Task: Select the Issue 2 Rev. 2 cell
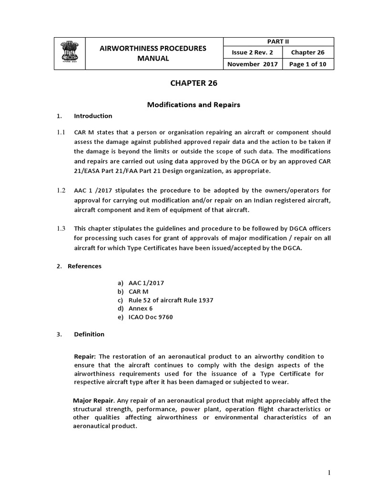tap(253, 52)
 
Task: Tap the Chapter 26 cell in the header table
tap(308, 52)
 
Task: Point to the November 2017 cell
tap(253, 64)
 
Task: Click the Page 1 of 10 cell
tap(308, 64)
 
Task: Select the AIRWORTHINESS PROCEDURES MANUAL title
tap(152, 53)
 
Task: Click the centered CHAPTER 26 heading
tap(187, 83)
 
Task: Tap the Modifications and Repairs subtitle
tap(186, 105)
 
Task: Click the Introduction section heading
tap(93, 116)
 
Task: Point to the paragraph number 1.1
tap(61, 132)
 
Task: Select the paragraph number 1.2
tap(61, 190)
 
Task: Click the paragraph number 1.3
tap(61, 229)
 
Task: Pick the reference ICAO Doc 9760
tap(151, 317)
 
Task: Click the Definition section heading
tap(89, 334)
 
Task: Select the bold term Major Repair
tap(90, 400)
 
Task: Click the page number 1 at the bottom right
tap(329, 472)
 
